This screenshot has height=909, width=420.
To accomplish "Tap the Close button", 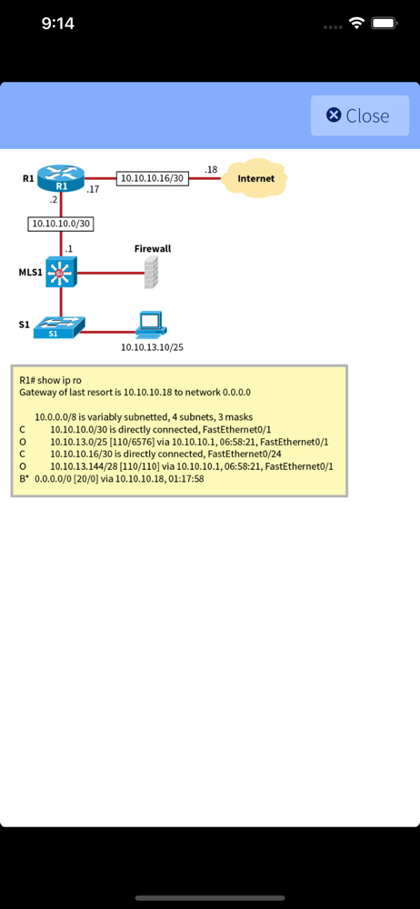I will (x=359, y=115).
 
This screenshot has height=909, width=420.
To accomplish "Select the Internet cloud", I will (x=255, y=178).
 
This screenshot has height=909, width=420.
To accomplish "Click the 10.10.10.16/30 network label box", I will (x=153, y=179).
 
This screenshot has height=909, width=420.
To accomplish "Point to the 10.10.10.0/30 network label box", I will (x=61, y=223).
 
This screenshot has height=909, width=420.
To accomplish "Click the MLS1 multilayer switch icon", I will (x=61, y=272).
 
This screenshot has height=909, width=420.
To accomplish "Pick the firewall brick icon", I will (x=151, y=272).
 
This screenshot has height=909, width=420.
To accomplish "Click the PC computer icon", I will (x=150, y=325).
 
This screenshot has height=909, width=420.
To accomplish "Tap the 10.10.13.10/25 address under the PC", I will (x=154, y=346).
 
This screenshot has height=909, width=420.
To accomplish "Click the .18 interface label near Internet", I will (x=211, y=169).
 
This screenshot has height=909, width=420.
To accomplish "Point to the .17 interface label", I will (x=93, y=190).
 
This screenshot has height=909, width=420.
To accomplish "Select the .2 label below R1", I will (x=54, y=200).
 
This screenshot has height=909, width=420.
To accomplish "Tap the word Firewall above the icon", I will (x=153, y=248).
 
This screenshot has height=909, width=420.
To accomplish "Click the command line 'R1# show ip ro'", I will (x=56, y=380).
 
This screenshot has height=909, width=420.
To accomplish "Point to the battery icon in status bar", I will (x=384, y=23).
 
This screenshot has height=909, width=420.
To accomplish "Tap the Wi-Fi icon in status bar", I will (x=356, y=23).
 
